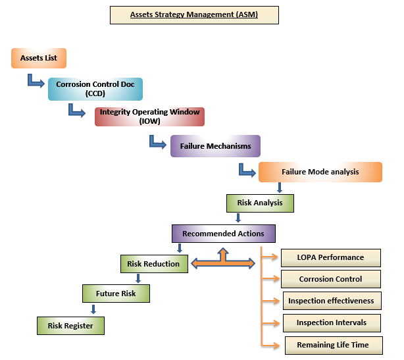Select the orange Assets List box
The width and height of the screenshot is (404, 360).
coord(39,58)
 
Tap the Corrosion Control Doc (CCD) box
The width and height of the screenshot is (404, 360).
coord(95,89)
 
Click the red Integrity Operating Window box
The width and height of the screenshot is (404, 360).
coord(149,116)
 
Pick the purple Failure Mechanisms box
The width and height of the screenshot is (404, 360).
coord(215,145)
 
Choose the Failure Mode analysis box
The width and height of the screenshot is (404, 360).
coord(320,172)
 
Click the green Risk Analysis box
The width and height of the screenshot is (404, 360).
coord(260,203)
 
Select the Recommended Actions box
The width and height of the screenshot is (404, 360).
coord(223,233)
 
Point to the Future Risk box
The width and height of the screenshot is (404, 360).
coord(116,293)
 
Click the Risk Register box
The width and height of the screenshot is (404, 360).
coord(70,324)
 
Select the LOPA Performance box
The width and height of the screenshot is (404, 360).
coord(331,257)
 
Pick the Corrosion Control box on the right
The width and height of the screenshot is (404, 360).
coord(330,279)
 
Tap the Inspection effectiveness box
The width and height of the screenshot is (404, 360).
coord(331,301)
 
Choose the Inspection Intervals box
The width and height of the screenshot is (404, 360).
coord(331,322)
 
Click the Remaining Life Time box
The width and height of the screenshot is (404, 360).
coord(333,344)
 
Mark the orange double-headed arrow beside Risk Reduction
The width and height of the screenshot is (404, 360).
coord(222,262)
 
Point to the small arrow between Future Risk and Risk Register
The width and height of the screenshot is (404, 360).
coord(93,308)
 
